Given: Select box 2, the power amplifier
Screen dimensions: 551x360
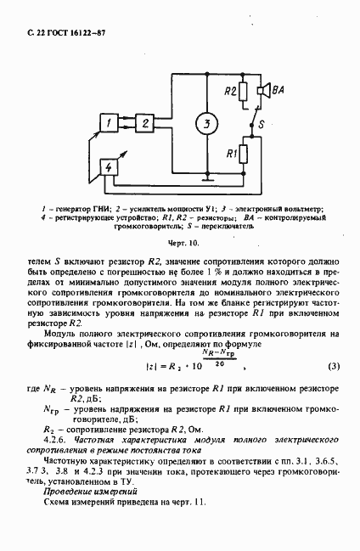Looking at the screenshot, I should coord(145,124).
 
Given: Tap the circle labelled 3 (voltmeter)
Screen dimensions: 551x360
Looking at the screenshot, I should coord(203,124).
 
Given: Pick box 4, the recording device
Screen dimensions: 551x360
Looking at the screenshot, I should coord(109,166).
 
